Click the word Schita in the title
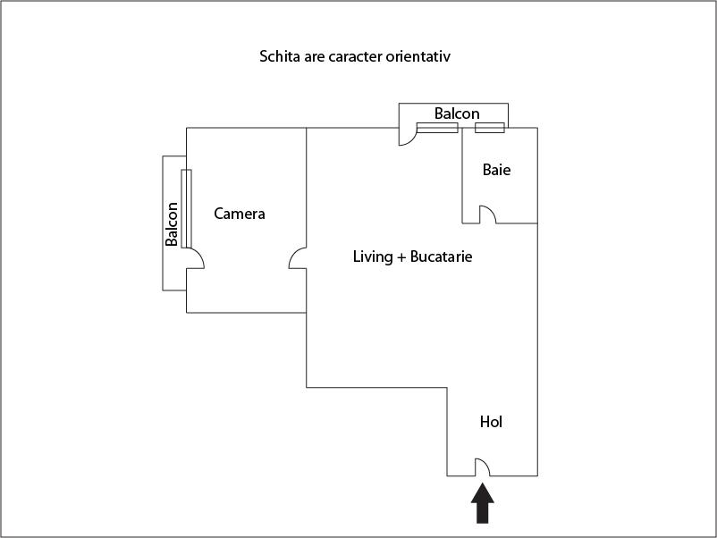click(x=279, y=57)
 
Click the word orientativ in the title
click(x=418, y=57)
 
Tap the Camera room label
click(x=240, y=214)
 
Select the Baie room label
click(x=497, y=169)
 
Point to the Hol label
click(x=491, y=422)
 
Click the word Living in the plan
click(x=373, y=257)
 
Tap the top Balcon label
click(x=457, y=113)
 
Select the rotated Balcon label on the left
click(x=173, y=224)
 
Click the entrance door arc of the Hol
click(x=481, y=467)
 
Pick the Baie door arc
click(x=488, y=214)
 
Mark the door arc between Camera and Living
click(x=298, y=258)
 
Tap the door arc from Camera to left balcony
click(x=196, y=257)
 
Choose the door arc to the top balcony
click(x=408, y=137)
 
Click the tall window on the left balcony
click(x=186, y=208)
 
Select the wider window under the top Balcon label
click(x=437, y=128)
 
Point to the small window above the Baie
click(x=489, y=128)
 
